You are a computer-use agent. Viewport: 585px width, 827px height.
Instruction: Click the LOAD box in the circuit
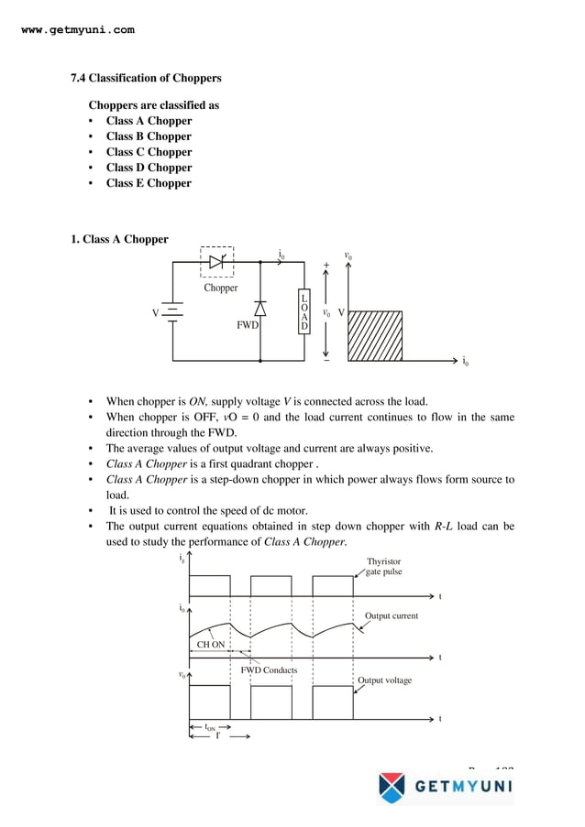point(304,312)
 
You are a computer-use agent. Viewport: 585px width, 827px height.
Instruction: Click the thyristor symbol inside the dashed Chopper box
point(216,262)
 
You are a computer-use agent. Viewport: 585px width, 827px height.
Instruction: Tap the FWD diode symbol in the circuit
point(260,308)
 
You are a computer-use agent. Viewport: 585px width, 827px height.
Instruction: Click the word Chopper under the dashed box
point(220,288)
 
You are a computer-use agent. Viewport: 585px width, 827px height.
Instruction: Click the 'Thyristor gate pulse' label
point(383,566)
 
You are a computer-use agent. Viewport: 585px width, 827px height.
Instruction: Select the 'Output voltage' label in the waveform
point(384,680)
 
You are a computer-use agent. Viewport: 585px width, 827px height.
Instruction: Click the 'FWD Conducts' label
point(269,670)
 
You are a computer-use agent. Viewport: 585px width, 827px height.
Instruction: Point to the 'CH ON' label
point(210,645)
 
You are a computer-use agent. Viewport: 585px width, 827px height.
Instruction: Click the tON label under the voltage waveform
point(210,729)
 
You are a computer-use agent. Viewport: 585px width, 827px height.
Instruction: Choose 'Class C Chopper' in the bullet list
point(149,152)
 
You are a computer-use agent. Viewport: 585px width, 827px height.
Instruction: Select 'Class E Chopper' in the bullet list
point(149,183)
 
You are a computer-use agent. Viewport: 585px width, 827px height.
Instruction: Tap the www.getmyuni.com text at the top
point(77,30)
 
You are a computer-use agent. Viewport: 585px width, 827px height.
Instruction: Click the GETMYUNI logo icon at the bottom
point(391,786)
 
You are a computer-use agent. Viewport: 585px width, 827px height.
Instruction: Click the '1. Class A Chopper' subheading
point(119,240)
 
